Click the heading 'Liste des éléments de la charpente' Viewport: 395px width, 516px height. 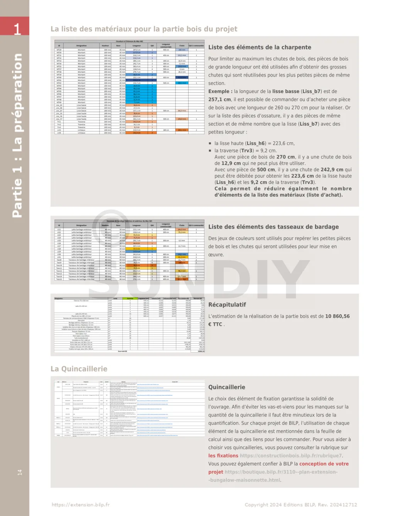260,47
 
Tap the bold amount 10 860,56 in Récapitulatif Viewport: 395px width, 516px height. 337,316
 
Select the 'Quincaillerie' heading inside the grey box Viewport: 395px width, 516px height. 226,387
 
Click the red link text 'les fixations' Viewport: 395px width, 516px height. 223,456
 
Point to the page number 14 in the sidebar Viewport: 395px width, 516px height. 20,472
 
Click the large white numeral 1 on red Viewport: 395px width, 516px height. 17,29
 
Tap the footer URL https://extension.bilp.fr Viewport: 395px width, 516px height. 81,505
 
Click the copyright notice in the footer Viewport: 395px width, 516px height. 300,505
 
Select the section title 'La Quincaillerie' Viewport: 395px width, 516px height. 79,369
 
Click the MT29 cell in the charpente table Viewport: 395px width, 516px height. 59,50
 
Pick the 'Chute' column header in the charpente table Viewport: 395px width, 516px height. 182,46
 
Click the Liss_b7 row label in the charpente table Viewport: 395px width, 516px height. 59,111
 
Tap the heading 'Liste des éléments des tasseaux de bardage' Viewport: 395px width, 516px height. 273,227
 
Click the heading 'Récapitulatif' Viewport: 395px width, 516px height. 227,305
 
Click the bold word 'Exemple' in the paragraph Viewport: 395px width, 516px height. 219,91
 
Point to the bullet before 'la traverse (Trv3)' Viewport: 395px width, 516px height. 210,151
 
